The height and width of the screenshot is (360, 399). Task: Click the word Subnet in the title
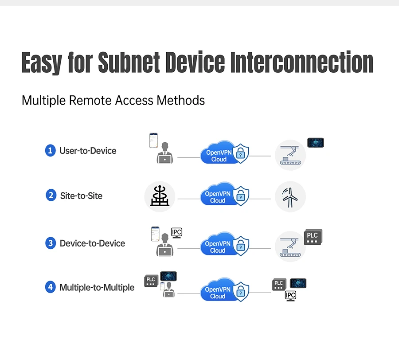click(x=129, y=62)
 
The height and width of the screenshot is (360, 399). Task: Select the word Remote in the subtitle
click(x=90, y=100)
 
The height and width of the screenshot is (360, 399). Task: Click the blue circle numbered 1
click(x=51, y=150)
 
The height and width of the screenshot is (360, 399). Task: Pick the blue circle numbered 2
click(x=51, y=196)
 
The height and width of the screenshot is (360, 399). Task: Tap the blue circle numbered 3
click(x=51, y=243)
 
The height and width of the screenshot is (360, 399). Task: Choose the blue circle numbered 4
click(x=51, y=287)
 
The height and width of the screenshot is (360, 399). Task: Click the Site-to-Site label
click(x=81, y=196)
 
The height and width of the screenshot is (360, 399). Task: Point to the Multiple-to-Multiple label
click(x=97, y=287)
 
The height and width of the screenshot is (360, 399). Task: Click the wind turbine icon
click(x=290, y=197)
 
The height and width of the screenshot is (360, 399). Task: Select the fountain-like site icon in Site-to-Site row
click(x=160, y=196)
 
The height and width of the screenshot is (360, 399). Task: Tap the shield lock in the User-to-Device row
click(x=240, y=153)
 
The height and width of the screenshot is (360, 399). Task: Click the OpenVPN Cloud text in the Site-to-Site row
click(x=218, y=197)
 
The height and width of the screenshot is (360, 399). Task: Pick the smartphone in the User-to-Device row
click(x=153, y=140)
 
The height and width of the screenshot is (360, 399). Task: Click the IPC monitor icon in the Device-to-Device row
click(x=176, y=233)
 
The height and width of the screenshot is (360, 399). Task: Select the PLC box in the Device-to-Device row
click(x=313, y=237)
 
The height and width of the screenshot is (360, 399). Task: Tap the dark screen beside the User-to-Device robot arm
click(x=316, y=143)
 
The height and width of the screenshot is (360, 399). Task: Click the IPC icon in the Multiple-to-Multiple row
click(x=290, y=296)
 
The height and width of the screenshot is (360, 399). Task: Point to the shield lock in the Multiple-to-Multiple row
click(x=241, y=292)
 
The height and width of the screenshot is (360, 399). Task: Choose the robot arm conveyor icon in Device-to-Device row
click(x=290, y=247)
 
